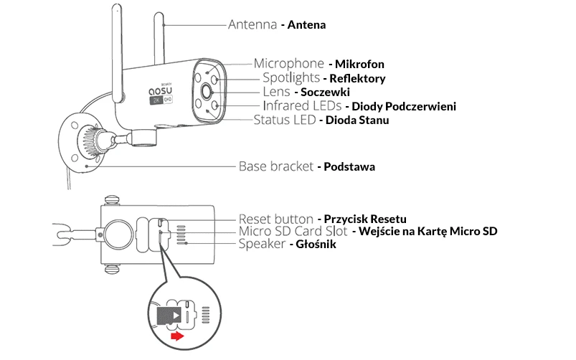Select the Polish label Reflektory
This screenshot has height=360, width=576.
click(x=357, y=78)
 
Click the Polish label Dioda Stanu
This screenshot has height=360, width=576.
click(x=357, y=120)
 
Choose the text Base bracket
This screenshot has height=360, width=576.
click(x=275, y=166)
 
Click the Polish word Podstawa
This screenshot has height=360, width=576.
click(x=349, y=166)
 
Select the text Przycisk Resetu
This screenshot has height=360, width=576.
click(x=365, y=218)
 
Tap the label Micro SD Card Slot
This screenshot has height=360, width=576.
click(x=293, y=232)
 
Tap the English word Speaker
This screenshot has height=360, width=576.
click(x=262, y=245)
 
